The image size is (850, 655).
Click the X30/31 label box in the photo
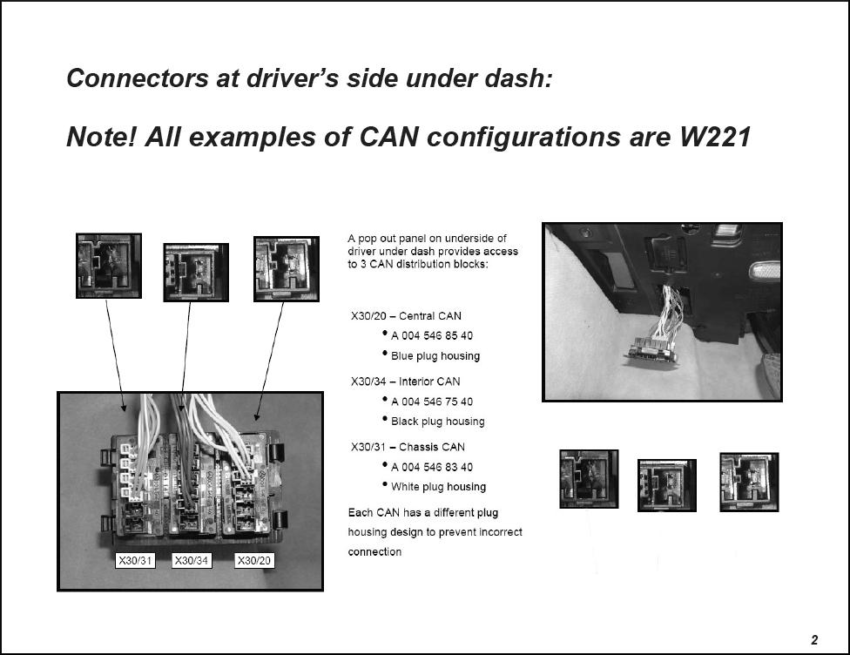(135, 560)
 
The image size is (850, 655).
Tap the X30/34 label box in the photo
(192, 560)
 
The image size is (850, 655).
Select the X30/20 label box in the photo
(254, 560)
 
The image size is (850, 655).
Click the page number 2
(814, 640)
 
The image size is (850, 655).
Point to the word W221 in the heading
(715, 136)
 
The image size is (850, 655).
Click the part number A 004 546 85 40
(431, 335)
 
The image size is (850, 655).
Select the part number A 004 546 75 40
(431, 402)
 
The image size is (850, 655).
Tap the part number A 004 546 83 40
(431, 467)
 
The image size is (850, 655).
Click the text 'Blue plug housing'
(435, 356)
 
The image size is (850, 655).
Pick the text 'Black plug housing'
(437, 422)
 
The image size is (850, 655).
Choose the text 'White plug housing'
(438, 487)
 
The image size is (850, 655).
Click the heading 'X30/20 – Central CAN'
(406, 316)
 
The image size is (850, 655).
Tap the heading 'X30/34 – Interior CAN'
(406, 382)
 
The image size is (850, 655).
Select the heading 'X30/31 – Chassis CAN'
(408, 448)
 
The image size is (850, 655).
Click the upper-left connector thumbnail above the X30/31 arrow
(108, 266)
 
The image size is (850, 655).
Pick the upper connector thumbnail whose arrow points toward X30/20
(287, 269)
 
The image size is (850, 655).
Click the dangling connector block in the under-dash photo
(653, 350)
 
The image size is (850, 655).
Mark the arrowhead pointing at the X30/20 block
(257, 416)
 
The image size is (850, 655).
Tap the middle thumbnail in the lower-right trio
(667, 485)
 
